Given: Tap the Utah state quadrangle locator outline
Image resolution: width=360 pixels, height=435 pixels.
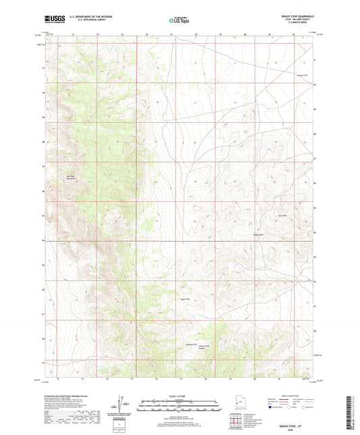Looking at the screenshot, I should coord(239,405).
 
